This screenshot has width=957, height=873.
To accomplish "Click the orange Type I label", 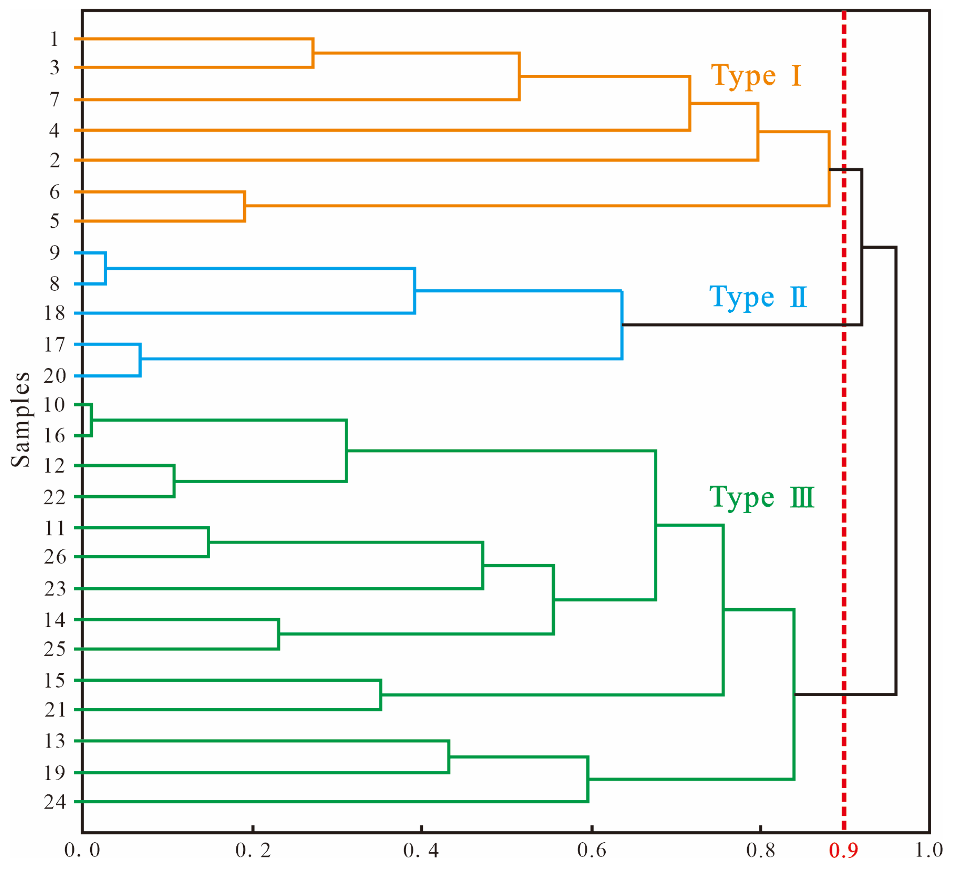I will pos(756,76).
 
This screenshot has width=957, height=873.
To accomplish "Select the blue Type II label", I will pos(758,298).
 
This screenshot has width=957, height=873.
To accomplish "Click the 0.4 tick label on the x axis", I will pos(421,851).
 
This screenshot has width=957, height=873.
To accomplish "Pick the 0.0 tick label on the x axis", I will pos(82,851).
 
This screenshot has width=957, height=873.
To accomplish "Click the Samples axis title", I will pos(21,420).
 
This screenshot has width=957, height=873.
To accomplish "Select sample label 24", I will pos(55,802).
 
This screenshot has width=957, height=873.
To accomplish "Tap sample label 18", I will pos(55,313).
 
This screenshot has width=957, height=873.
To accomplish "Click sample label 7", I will pos(55,100).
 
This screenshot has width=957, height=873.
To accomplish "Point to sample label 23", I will pos(55,589).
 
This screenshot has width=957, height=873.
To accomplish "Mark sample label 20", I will pos(55,376).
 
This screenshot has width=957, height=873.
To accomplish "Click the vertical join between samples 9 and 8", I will pos(106,269).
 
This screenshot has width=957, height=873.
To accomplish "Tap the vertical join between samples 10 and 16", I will pos(91,420).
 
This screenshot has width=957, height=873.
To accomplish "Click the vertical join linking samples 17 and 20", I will pos(140,360).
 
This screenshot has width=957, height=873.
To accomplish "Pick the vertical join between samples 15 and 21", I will pos(381,695).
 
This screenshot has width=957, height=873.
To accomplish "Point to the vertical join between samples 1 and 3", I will pos(313,53).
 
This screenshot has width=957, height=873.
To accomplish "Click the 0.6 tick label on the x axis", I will pos(591,851).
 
